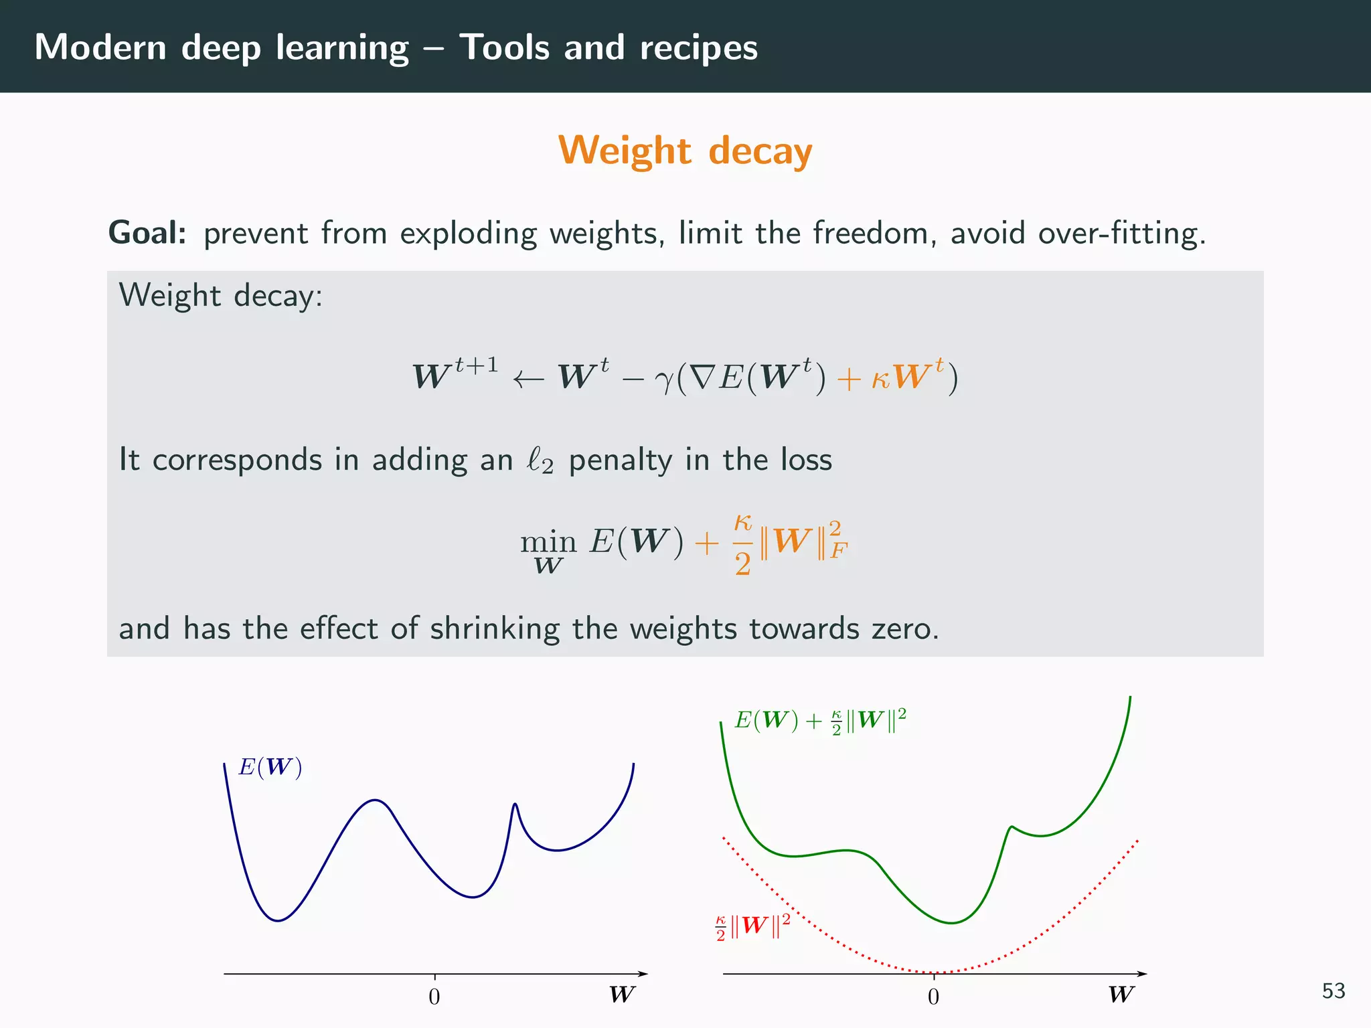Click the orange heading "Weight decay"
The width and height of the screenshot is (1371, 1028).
click(x=685, y=151)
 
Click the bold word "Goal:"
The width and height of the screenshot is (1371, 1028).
click(x=147, y=234)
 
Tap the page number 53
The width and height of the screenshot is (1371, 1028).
click(x=1333, y=991)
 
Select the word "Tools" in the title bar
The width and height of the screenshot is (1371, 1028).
click(x=504, y=48)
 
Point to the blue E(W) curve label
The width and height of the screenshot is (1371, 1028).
click(x=270, y=767)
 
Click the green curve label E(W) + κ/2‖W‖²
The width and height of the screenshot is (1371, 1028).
click(x=820, y=721)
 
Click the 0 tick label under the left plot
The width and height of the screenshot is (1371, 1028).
click(x=434, y=997)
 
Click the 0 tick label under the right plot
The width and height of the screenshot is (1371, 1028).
click(x=934, y=997)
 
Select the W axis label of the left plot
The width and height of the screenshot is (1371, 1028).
click(x=621, y=995)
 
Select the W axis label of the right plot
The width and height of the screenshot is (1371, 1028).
click(x=1121, y=995)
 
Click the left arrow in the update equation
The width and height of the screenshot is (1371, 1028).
click(x=528, y=379)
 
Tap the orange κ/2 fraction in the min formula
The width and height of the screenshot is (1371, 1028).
click(x=742, y=543)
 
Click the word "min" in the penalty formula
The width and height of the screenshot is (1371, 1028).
click(x=548, y=541)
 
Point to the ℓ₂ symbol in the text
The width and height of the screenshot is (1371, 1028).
click(x=540, y=461)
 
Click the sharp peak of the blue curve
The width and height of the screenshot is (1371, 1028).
click(x=514, y=805)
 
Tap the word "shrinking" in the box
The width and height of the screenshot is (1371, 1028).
click(x=495, y=629)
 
